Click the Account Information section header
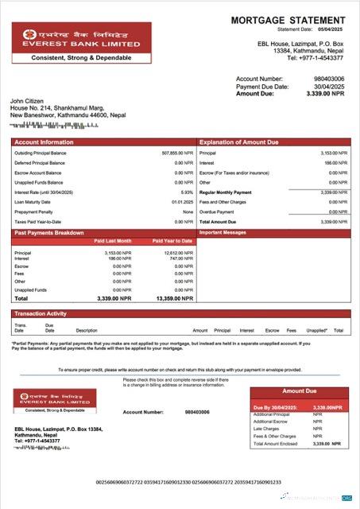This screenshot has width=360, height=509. click(x=39, y=142)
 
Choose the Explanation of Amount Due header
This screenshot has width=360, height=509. click(x=239, y=142)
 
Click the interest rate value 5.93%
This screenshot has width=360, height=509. click(x=187, y=192)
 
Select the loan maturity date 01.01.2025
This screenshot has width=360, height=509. click(x=182, y=202)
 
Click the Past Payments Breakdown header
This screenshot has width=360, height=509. click(x=50, y=232)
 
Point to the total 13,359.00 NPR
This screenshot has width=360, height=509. click(x=168, y=298)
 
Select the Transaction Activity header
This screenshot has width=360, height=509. click(x=41, y=314)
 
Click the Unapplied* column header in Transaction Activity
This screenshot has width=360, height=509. click(x=317, y=330)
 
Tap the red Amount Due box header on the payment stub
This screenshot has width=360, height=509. click(x=299, y=391)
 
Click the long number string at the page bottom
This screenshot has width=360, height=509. click(x=184, y=482)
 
